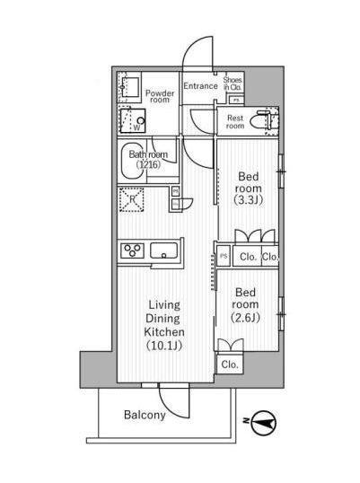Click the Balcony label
coord(145,415)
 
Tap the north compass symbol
coord(264,422)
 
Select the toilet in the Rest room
coord(261,120)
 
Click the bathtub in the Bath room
coord(133,161)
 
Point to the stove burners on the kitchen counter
coord(133,250)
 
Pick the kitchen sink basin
coord(163,251)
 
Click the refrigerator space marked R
coord(132,199)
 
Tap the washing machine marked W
coord(133,120)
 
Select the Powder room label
coord(160,96)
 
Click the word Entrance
coord(200,85)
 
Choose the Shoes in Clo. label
coord(233,83)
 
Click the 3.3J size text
coord(248,200)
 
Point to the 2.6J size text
coord(245,317)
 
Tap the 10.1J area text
coord(164,346)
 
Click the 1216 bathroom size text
coord(148,164)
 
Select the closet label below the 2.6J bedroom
coord(230,364)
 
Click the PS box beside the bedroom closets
coord(224,256)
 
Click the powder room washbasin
coord(129,87)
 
